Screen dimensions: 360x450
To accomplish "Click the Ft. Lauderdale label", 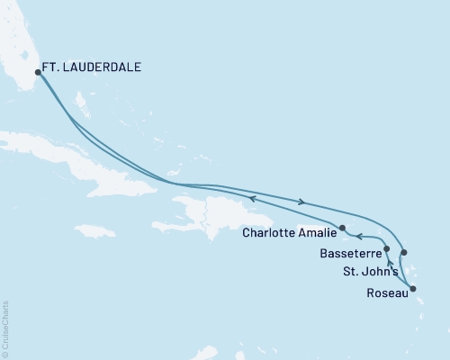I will (93, 67).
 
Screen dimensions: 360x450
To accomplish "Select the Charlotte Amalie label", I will (290, 233).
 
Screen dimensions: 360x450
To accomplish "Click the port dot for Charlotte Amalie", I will (342, 228).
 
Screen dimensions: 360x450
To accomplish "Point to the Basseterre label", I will (349, 255).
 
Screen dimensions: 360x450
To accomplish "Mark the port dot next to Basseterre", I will (386, 248).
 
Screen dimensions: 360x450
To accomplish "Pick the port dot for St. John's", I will (404, 253).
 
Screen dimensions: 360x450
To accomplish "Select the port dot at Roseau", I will (413, 288).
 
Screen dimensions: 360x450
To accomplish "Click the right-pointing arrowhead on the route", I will (301, 202).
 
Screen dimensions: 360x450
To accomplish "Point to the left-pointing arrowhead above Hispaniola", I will (253, 198).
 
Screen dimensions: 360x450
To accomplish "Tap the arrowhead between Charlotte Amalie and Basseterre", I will (358, 238).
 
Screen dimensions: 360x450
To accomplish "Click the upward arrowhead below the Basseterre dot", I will (390, 264).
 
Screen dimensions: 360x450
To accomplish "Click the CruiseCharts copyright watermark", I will (5, 328).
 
